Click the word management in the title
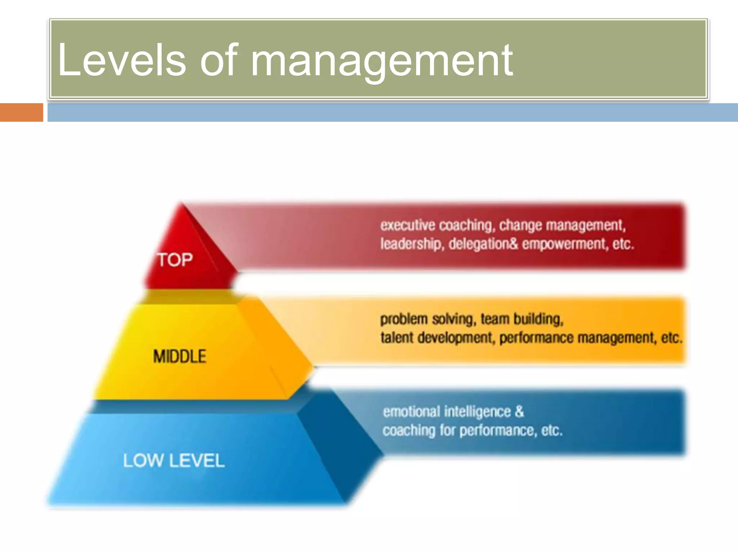[x=381, y=61]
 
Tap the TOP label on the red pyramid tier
[x=175, y=260]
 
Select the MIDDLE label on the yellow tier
[x=179, y=356]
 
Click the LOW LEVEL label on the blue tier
[x=174, y=460]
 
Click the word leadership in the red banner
[x=410, y=244]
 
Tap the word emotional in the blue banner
[x=411, y=412]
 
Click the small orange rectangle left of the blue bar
[x=21, y=112]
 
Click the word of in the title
[x=218, y=60]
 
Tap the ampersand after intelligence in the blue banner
[x=519, y=412]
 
